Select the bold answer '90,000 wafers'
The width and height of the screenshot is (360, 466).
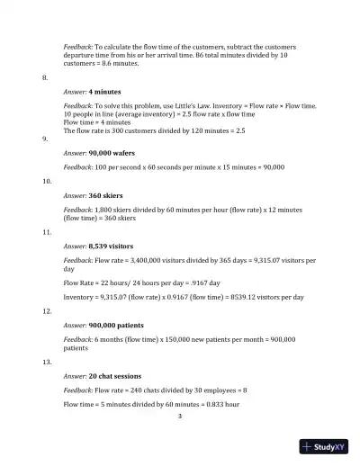click(x=113, y=153)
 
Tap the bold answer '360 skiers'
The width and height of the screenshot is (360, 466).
click(x=109, y=194)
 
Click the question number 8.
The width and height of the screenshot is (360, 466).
click(x=45, y=78)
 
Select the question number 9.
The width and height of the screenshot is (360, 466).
click(x=45, y=139)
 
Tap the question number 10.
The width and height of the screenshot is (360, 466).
click(x=47, y=181)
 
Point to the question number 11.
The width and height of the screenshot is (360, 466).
click(x=47, y=232)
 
